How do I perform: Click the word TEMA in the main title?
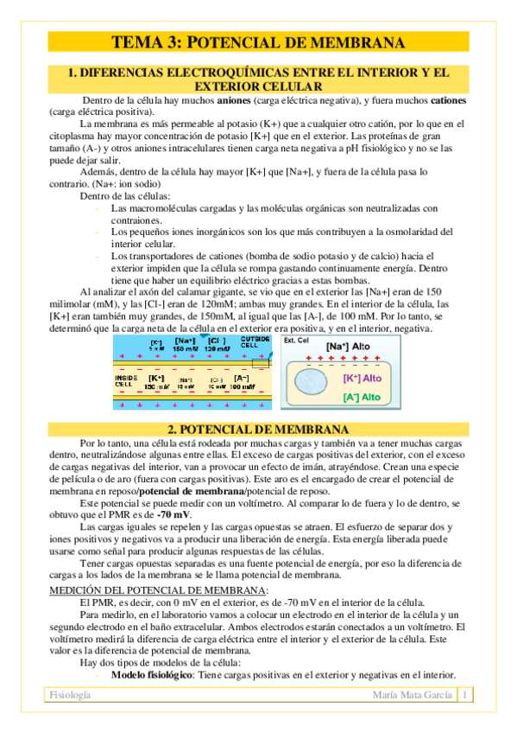coord(138,43)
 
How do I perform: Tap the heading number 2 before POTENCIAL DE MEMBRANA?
coord(171,429)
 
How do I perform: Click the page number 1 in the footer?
coord(464,695)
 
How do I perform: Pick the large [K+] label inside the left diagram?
coord(157,379)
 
